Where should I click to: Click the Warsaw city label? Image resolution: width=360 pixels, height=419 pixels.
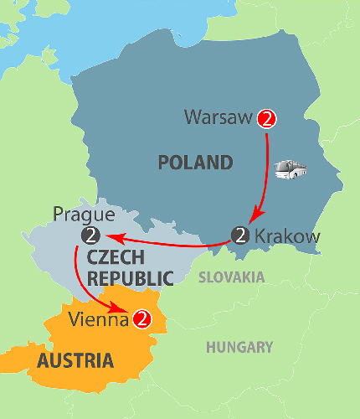tap(219, 118)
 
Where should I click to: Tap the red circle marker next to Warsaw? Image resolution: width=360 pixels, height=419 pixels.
tap(267, 118)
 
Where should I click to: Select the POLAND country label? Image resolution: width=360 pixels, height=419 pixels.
tap(194, 162)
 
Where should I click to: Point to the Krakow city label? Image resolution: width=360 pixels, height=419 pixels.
tap(286, 236)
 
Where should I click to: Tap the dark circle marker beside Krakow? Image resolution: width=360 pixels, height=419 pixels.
tap(241, 235)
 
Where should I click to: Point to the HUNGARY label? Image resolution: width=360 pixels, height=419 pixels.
tap(241, 347)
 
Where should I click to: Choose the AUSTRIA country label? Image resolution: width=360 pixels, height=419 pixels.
tap(75, 361)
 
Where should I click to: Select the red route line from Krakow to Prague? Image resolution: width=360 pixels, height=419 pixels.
tap(167, 243)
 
